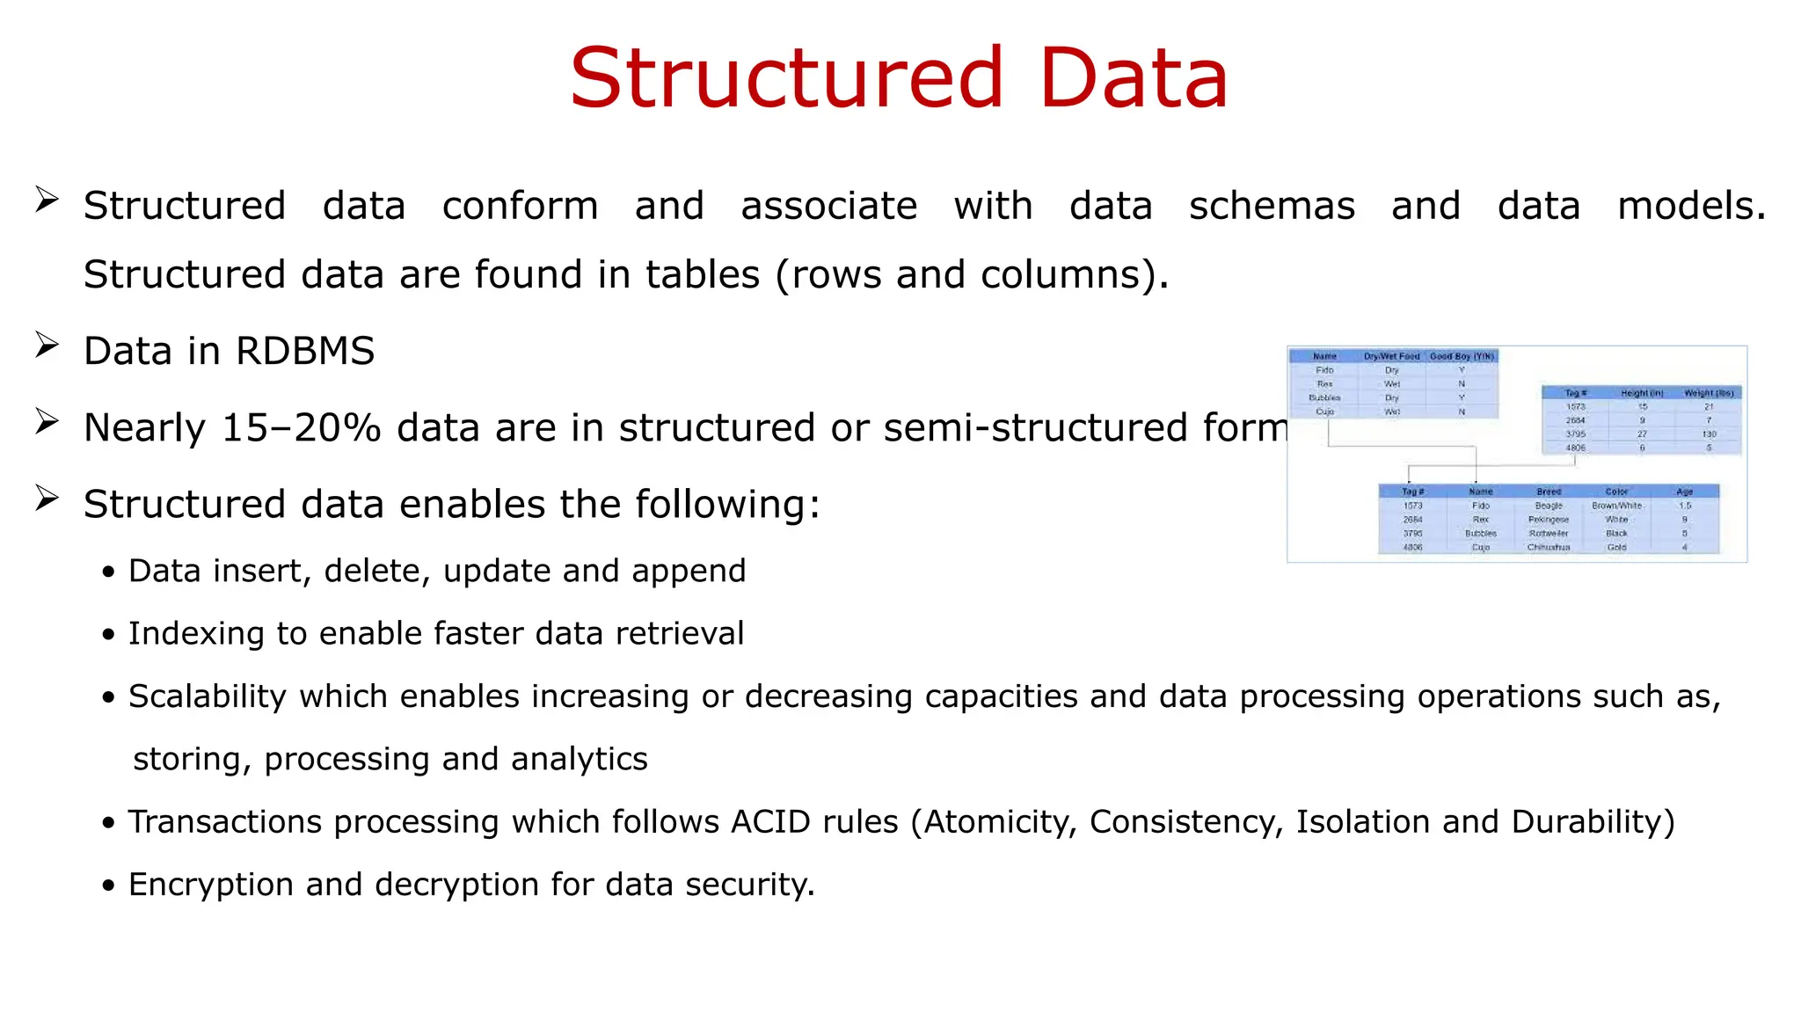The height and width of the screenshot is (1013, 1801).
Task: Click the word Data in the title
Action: pos(1133,79)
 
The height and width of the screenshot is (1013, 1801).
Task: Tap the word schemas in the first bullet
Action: pos(1272,207)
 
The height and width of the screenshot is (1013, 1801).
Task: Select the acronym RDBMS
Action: pos(304,352)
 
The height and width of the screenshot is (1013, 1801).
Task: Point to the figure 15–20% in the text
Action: pos(301,428)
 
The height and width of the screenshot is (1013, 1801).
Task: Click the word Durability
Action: pos(1592,822)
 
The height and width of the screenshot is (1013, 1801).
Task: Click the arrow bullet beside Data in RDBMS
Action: pos(47,346)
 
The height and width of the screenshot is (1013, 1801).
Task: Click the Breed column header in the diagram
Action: pos(1549,492)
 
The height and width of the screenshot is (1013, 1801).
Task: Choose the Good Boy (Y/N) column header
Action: pos(1462,356)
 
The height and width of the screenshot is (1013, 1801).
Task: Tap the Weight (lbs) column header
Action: pos(1708,393)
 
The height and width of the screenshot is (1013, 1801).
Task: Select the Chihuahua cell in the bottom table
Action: pos(1548,547)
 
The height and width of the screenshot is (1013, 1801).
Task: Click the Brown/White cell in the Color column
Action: pos(1616,506)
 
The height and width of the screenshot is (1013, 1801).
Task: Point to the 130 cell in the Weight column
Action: pos(1709,434)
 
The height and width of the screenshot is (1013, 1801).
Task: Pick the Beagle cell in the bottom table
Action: pos(1549,506)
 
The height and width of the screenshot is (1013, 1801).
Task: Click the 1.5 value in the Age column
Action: pos(1684,506)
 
